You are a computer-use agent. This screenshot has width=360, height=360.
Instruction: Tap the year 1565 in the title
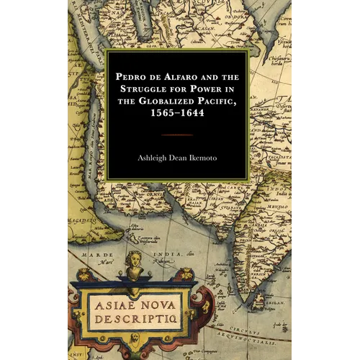160,117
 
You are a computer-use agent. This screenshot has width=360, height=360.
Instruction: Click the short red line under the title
176,134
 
